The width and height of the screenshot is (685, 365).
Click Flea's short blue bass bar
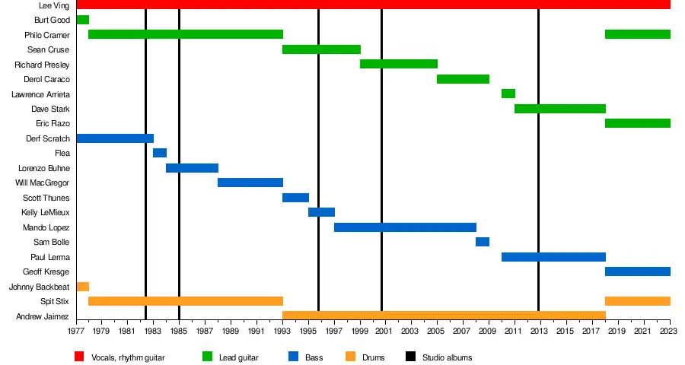tap(160, 153)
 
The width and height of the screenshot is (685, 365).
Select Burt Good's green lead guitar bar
tap(82, 20)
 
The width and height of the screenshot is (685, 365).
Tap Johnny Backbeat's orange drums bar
tap(82, 287)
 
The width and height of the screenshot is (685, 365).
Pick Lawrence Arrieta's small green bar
tap(508, 94)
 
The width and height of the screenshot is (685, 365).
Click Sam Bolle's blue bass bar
tap(483, 242)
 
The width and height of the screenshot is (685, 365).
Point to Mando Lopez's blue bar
tap(405, 227)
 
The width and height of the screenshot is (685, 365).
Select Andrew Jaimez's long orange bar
tap(444, 316)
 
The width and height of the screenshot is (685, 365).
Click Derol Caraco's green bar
tap(463, 79)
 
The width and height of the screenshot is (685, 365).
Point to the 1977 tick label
tap(76, 332)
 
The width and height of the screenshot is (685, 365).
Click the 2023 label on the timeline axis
tap(669, 332)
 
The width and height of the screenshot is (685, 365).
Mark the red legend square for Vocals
tap(79, 357)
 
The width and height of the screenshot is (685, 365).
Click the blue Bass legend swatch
tap(294, 357)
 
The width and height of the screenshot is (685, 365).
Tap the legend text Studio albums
tap(448, 357)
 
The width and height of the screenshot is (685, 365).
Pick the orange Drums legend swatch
tap(350, 357)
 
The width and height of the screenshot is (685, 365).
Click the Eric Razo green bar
tap(637, 123)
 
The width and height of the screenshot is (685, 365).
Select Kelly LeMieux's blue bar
tap(321, 212)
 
